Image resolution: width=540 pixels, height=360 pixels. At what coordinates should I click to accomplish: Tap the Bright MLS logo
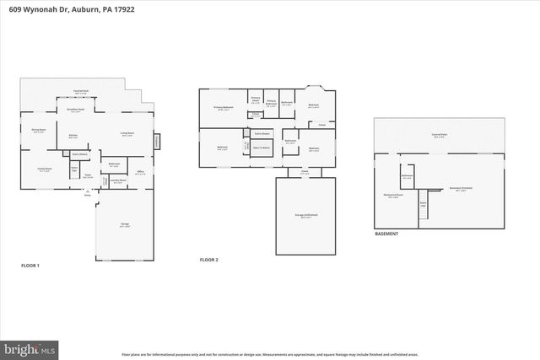coord(30,347)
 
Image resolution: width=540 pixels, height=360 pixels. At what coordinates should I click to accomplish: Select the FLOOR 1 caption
coord(30,266)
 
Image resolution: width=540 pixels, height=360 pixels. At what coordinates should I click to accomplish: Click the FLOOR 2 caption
coord(208,260)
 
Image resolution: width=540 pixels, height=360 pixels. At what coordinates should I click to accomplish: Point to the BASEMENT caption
coord(387,234)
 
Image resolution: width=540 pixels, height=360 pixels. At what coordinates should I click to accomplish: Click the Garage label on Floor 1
coord(124,224)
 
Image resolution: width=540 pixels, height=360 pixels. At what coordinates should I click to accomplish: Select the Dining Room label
coord(38,130)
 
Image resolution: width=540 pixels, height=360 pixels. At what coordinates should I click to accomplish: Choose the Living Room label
coord(127,134)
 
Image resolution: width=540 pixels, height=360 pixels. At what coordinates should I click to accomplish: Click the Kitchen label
coord(73,135)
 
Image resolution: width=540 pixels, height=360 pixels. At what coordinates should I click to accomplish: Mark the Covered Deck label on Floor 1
coord(81,90)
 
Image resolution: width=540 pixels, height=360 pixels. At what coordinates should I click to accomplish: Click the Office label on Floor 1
coord(141,172)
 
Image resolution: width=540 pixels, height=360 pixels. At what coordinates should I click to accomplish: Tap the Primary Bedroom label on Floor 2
coord(223,108)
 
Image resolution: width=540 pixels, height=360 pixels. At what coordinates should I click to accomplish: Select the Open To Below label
coord(262,148)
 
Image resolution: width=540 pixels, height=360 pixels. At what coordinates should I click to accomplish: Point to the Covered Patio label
coord(440,135)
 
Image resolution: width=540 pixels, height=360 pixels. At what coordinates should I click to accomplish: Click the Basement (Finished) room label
coord(461,189)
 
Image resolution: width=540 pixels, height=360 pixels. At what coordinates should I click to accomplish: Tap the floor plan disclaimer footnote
coord(270,355)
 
